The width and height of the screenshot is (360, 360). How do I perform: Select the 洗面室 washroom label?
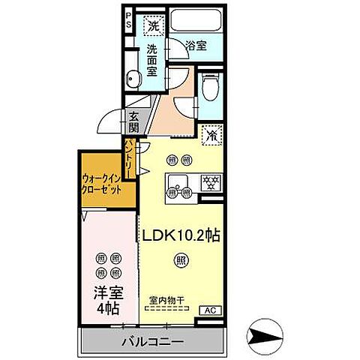151,60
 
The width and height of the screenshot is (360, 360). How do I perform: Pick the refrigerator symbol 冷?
213,135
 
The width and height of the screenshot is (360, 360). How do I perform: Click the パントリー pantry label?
129,158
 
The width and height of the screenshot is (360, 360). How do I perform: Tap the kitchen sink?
180,180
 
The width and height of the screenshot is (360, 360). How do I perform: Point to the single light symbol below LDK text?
181,260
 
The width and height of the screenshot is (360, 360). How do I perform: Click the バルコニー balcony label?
152,343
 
